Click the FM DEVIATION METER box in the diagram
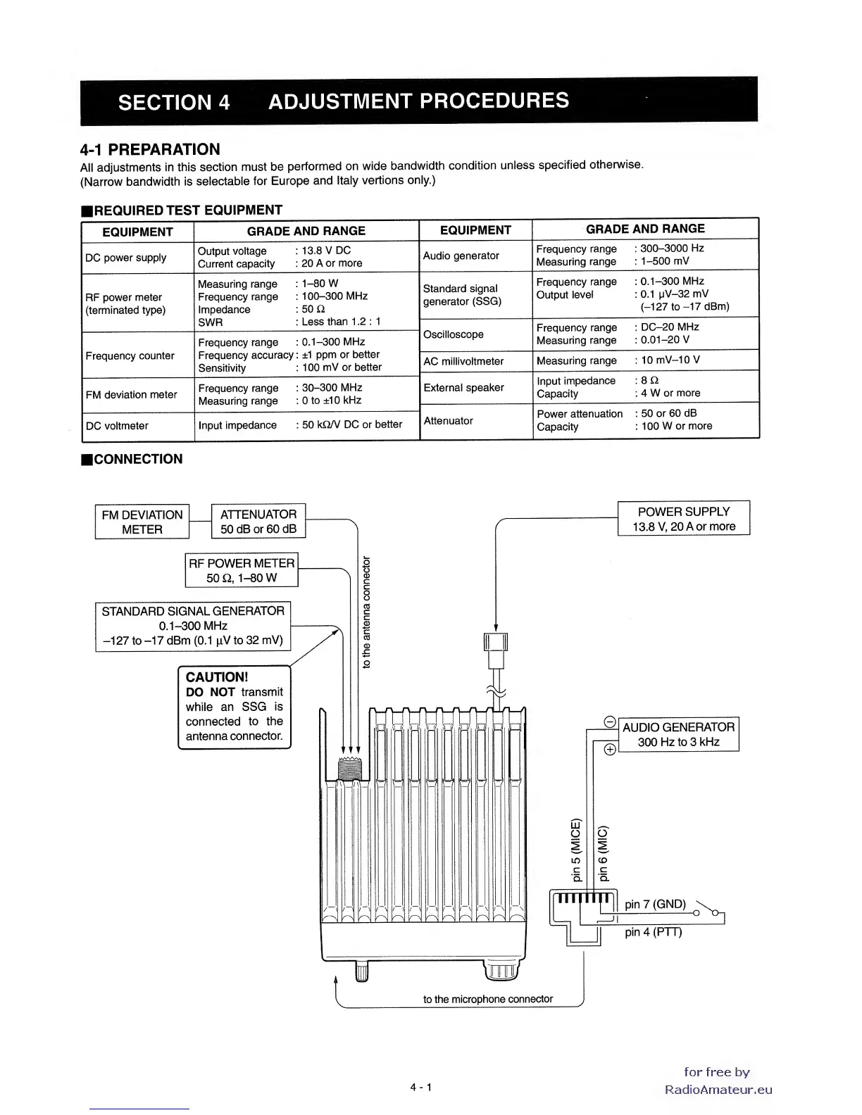[142, 522]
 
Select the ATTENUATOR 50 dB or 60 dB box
[258, 522]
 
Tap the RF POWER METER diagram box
[242, 570]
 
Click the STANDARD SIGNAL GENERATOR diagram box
[193, 626]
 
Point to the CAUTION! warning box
[235, 707]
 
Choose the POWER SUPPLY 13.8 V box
[683, 519]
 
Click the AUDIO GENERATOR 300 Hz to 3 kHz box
[678, 734]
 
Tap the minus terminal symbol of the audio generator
[610, 722]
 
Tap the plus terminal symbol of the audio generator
[610, 749]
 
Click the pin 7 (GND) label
[655, 904]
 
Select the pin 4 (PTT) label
[653, 932]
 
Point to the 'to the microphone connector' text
[487, 999]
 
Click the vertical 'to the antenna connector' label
[366, 612]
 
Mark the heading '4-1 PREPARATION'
[150, 149]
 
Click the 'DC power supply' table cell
[126, 258]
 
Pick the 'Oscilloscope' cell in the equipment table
[453, 334]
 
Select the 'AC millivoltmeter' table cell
[463, 361]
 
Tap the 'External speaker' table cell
[463, 388]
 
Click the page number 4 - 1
[421, 1087]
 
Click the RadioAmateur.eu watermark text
[718, 1090]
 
